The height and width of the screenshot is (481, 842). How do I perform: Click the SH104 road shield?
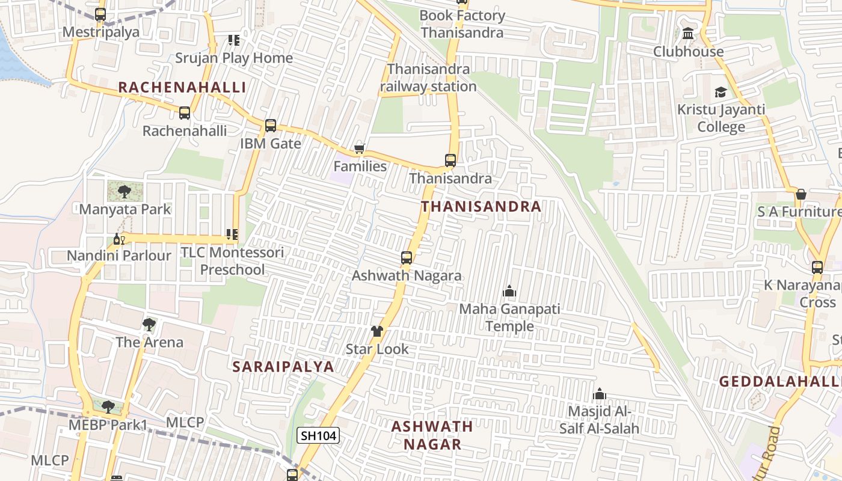[318, 435]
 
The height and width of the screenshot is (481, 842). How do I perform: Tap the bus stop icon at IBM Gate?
[271, 126]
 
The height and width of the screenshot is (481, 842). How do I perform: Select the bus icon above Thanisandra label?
[450, 161]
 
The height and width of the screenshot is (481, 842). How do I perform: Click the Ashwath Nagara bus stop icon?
[407, 258]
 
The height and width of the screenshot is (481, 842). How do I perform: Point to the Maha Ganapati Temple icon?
[509, 292]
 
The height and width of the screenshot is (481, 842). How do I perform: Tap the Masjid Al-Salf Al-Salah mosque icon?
[599, 394]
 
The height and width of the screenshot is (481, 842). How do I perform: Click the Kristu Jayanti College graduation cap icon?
[721, 92]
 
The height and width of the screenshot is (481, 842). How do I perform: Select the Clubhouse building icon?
[689, 34]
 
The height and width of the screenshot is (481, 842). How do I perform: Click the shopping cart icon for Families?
[360, 149]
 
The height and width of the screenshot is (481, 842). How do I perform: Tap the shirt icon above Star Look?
[377, 331]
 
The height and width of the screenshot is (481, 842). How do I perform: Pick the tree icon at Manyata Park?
[124, 192]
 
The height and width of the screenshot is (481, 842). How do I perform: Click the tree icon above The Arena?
[149, 325]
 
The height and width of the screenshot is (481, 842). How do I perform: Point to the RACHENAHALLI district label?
[182, 87]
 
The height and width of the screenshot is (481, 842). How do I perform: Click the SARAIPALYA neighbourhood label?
[283, 367]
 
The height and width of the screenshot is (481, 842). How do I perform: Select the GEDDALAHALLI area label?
[780, 382]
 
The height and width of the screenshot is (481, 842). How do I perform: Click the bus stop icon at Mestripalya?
[100, 14]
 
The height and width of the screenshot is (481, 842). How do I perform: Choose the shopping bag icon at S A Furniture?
[801, 194]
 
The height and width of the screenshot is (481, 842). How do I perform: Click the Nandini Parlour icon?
[118, 239]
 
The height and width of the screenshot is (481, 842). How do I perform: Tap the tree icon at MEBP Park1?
[108, 407]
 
